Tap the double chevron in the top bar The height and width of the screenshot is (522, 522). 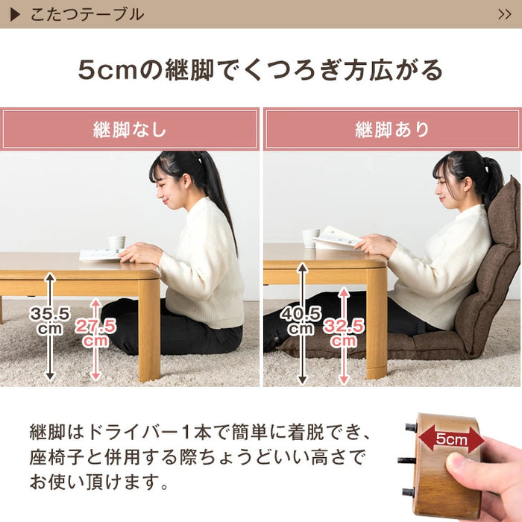click(504, 14)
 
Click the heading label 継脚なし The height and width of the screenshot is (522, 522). click(130, 130)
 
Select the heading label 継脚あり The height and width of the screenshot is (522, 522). click(392, 130)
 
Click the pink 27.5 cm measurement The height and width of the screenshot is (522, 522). click(95, 333)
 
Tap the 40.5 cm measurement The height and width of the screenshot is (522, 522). click(302, 319)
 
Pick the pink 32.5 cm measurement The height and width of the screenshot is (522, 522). click(343, 333)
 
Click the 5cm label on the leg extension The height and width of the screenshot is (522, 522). click(451, 440)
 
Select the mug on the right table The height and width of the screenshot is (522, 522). click(310, 237)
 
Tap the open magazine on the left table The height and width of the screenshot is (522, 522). click(101, 254)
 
